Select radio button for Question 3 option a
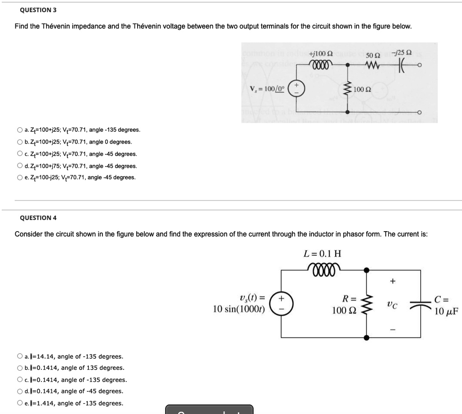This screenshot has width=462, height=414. [x=20, y=130]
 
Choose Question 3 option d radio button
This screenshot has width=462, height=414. [x=20, y=166]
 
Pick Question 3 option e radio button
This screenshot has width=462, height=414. [x=20, y=177]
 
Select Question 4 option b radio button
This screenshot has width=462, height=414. [x=20, y=368]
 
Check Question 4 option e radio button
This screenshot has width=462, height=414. [x=20, y=403]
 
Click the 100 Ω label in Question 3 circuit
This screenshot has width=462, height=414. [x=362, y=88]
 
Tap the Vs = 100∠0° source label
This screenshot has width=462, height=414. [x=269, y=89]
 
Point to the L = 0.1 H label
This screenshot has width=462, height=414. [x=323, y=254]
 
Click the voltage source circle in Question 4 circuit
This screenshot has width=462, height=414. [x=282, y=304]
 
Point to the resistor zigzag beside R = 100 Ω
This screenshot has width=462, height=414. [x=366, y=304]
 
